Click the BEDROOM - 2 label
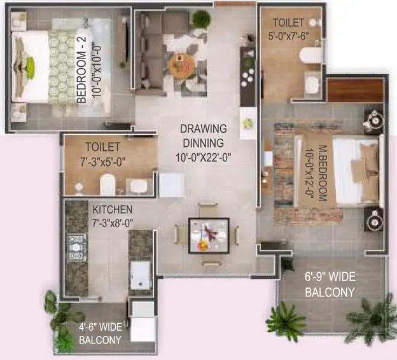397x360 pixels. coord(81,70)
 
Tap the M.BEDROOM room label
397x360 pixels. coord(323,173)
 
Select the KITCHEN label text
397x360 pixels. coord(113,210)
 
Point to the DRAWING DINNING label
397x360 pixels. coord(204,135)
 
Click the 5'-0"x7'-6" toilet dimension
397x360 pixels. coord(288,36)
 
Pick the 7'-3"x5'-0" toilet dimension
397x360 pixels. coord(103,162)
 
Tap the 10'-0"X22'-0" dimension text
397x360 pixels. coord(204,158)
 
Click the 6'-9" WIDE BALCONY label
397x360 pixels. coord(330,284)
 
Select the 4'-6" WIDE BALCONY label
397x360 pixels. coord(101,333)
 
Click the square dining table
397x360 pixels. coord(209,236)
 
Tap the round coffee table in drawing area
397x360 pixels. coord(183,65)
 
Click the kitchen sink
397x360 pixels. coord(140,275)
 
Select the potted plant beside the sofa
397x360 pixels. coord(201,18)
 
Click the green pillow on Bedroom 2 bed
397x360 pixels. coord(30,64)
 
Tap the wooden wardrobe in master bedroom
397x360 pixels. coord(355,90)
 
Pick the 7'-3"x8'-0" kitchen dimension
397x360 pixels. coord(113,223)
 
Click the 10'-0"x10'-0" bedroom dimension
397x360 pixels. coord(96,71)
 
